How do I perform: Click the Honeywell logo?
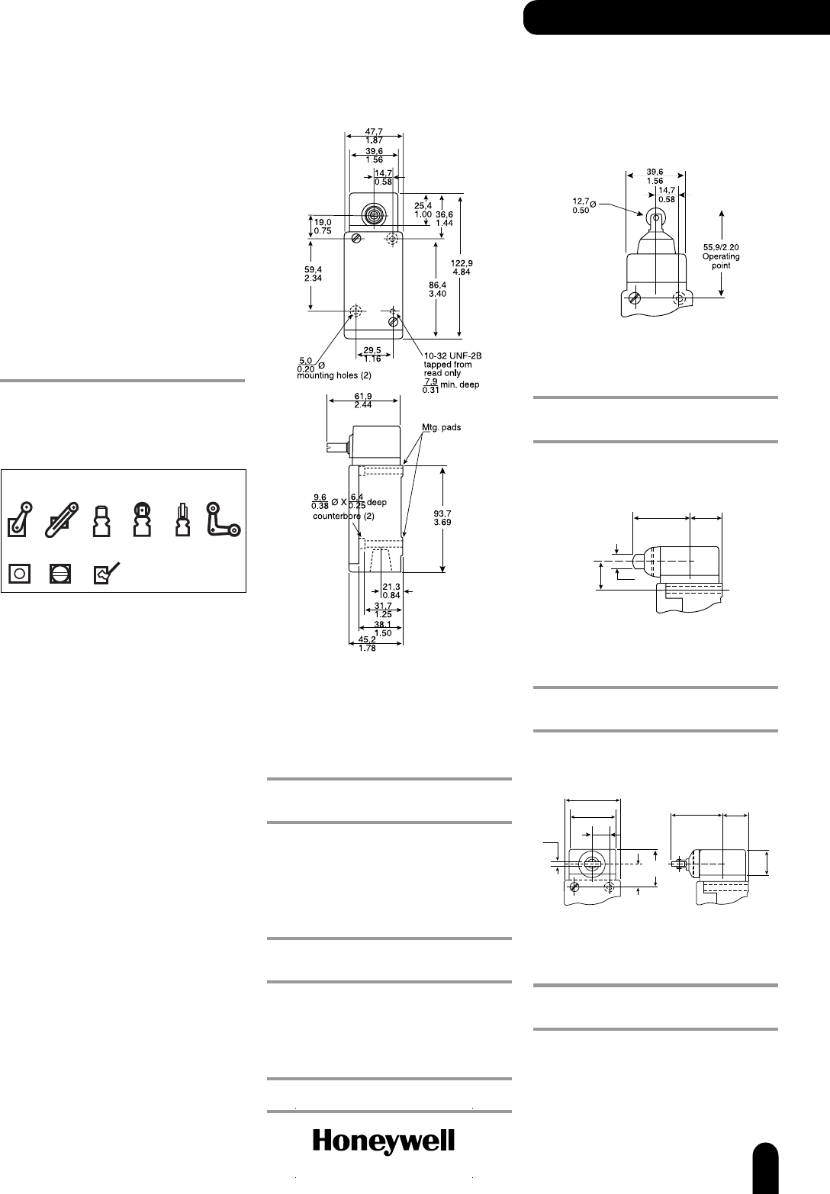coord(383,1142)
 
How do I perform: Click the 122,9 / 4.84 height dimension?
coord(462,268)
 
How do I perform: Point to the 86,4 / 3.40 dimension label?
coord(438,289)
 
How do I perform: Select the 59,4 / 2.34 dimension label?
coord(313,274)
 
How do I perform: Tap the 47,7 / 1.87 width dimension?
coord(375,135)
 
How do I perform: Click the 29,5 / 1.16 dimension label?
coord(372,355)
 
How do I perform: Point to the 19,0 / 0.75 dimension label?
coord(323,227)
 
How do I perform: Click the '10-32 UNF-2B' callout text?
coord(452,356)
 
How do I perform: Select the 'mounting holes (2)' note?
coord(333,376)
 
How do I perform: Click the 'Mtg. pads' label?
coord(442,427)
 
